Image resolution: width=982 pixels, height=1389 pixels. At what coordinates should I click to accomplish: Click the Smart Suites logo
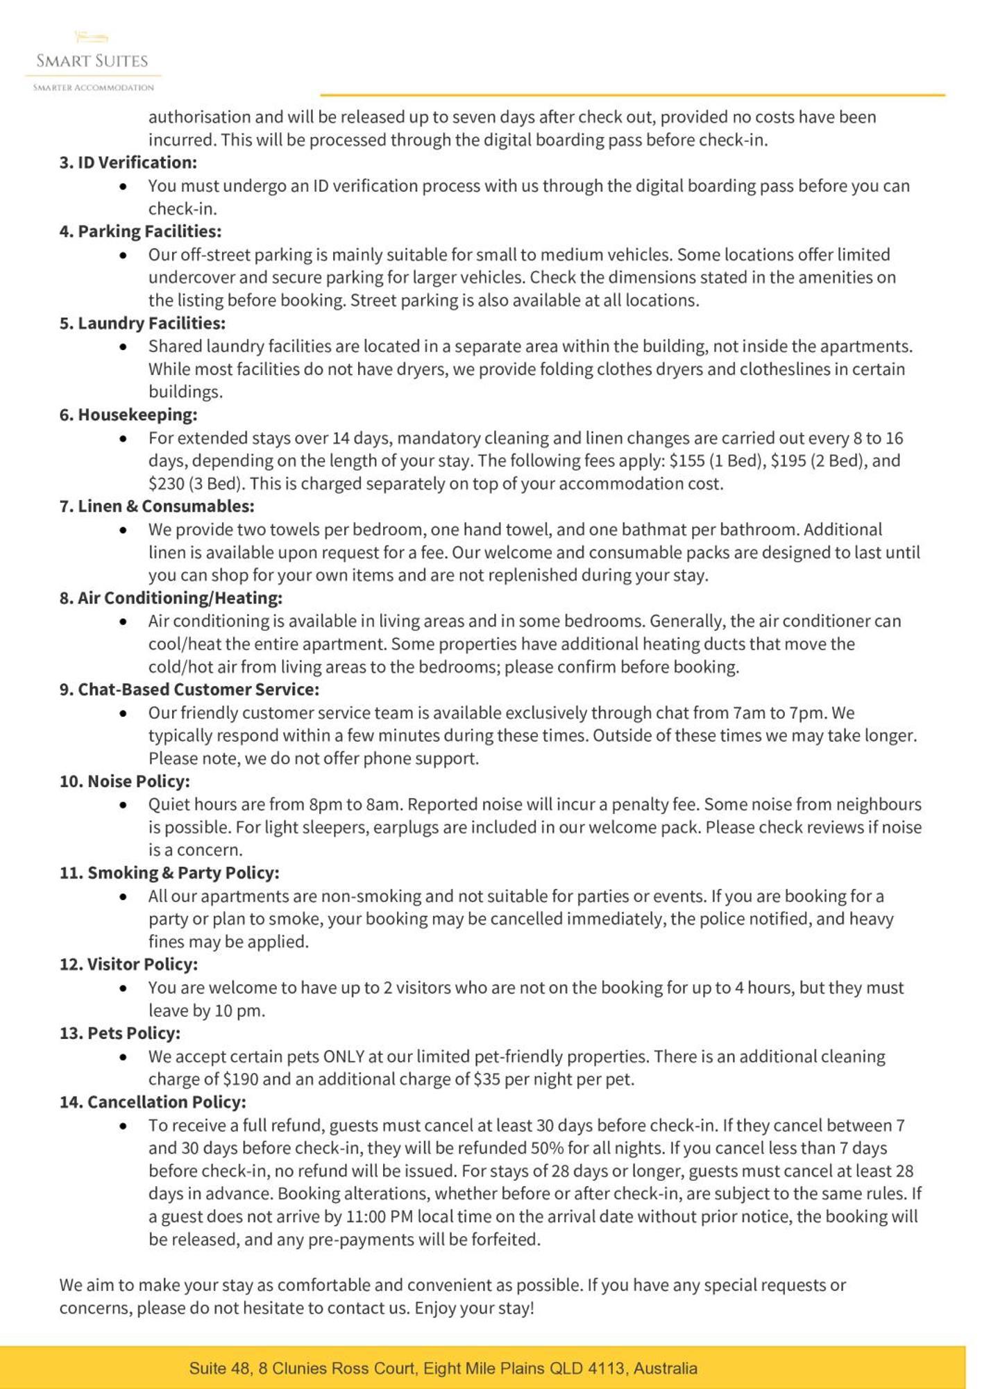click(92, 61)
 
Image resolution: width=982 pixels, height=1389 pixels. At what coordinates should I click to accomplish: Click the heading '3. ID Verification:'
click(128, 163)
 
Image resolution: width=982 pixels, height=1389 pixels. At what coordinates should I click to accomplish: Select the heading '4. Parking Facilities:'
click(140, 231)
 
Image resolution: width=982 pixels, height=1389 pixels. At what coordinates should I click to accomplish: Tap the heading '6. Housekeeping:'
click(128, 415)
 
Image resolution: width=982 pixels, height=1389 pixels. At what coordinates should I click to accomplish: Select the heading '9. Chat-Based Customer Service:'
click(189, 690)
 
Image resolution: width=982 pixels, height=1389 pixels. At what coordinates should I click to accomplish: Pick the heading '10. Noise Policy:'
click(124, 781)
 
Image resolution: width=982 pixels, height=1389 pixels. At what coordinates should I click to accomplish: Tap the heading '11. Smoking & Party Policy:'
click(169, 873)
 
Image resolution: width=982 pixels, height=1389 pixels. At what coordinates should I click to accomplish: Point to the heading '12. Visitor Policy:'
click(128, 965)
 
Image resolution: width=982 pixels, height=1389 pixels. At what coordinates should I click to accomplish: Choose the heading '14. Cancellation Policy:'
click(153, 1102)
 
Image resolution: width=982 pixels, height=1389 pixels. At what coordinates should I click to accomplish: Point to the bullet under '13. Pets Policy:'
click(123, 1057)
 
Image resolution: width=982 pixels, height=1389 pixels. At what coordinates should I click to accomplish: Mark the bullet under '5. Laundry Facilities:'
click(123, 347)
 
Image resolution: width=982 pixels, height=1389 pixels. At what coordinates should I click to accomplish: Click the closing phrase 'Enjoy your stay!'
click(475, 1308)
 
